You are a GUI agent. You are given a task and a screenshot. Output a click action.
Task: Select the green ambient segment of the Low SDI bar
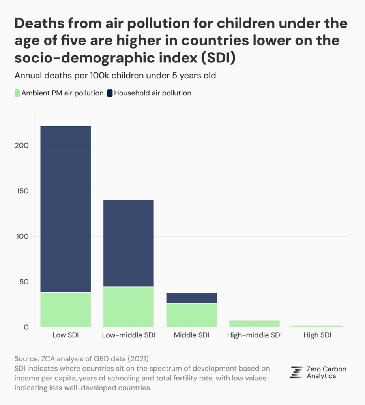[x=66, y=310]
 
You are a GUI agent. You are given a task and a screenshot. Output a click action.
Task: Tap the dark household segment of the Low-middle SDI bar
[x=128, y=243]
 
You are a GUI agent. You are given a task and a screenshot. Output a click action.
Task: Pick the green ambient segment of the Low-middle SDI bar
[x=128, y=307]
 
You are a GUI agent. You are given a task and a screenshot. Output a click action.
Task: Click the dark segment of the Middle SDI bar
[x=191, y=298]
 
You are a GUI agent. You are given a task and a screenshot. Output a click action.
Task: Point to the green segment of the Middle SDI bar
[x=191, y=315]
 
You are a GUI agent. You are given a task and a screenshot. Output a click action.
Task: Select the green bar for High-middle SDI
[x=255, y=324]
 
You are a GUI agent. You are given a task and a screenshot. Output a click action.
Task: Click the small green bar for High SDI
[x=317, y=326]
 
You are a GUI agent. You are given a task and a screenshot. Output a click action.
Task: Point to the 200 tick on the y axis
[x=23, y=146]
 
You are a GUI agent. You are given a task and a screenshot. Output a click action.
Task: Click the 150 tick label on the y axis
[x=23, y=191]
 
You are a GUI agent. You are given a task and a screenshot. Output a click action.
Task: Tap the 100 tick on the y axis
[x=23, y=237]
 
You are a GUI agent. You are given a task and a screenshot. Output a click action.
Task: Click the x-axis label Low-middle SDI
[x=128, y=336]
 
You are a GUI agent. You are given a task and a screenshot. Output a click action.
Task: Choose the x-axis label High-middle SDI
[x=255, y=336]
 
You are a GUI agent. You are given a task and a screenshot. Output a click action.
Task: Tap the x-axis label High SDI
[x=317, y=336]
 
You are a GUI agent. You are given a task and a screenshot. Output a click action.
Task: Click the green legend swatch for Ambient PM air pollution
[x=17, y=93]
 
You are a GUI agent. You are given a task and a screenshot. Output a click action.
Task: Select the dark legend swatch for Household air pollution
[x=109, y=93]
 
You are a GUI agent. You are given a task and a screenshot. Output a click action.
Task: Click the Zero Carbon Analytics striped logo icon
[x=296, y=372]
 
